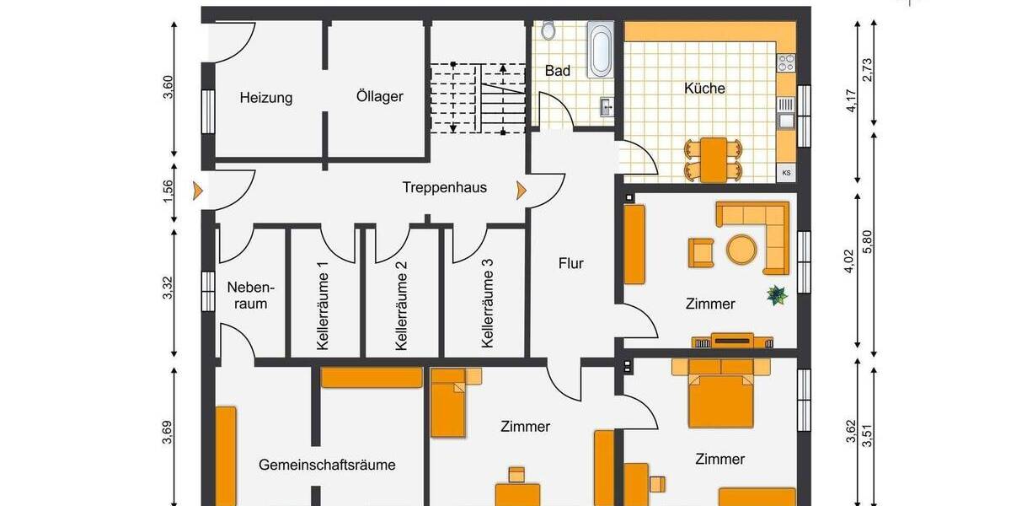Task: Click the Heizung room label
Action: point(265,98)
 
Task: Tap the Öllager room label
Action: point(379,96)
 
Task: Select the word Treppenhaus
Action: point(444,188)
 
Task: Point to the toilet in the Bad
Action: point(548,30)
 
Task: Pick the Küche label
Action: point(704,88)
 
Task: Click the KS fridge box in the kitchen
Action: point(786,173)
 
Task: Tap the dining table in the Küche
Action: point(713,159)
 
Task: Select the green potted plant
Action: point(776,295)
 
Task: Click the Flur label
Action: point(570,263)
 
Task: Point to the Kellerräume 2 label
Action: point(402,305)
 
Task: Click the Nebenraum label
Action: point(247,294)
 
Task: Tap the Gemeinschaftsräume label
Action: point(327,465)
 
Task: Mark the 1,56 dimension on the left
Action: point(168,191)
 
